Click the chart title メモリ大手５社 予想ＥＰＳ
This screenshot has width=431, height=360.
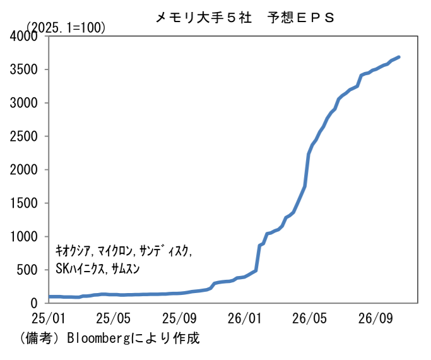point(245,18)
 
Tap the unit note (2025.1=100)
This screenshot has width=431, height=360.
point(66,28)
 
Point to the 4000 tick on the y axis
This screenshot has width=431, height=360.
point(23,36)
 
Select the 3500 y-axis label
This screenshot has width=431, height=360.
point(23,69)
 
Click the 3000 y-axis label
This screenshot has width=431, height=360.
point(23,103)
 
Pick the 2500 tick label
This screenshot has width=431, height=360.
point(23,136)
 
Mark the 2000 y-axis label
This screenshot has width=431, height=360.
point(23,170)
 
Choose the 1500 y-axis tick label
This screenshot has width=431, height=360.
point(23,203)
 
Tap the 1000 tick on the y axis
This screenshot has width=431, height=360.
point(23,236)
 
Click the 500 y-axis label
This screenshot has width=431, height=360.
point(27,270)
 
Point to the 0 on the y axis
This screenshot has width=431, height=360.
point(34,303)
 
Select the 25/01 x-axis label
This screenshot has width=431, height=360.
point(49,318)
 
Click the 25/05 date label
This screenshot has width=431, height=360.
point(114,318)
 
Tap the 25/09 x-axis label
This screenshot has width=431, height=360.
point(179,318)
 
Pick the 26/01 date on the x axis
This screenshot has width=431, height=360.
point(245,318)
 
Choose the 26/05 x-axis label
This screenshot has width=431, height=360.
point(309,318)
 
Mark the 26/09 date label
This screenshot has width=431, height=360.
point(375,318)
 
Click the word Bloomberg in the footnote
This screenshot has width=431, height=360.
point(98,339)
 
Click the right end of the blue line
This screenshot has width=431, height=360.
point(399,57)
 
